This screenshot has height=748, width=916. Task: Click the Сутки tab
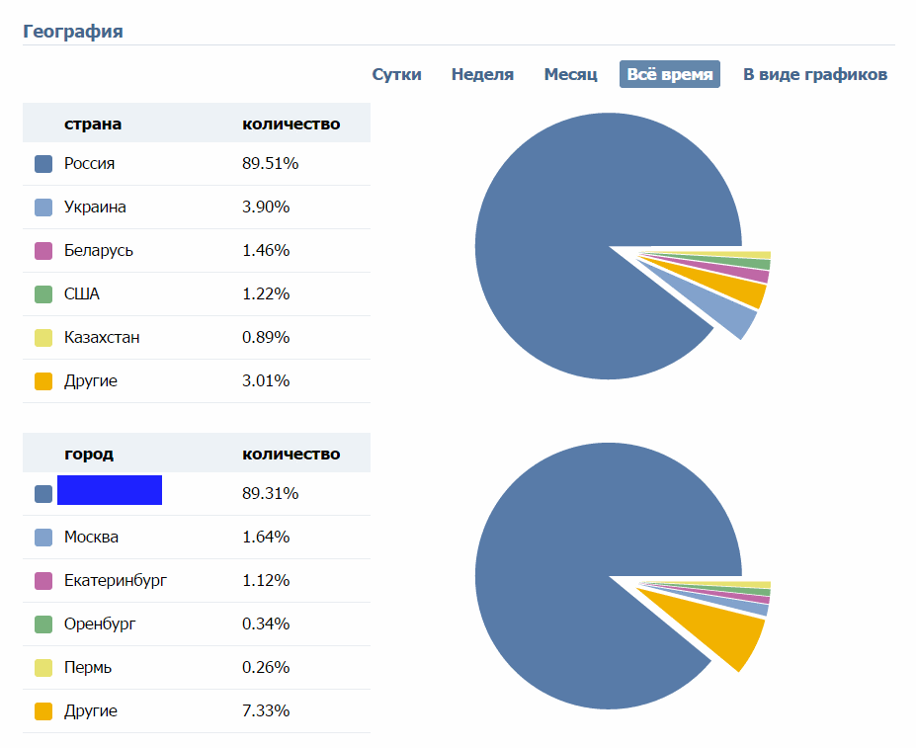pyautogui.click(x=396, y=74)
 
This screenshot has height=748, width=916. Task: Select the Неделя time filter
pyautogui.click(x=482, y=74)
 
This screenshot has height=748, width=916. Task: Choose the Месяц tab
pyautogui.click(x=570, y=74)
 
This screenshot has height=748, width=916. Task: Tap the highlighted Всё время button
pyautogui.click(x=670, y=74)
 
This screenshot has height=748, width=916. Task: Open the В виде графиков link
pyautogui.click(x=815, y=74)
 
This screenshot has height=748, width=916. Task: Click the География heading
pyautogui.click(x=73, y=31)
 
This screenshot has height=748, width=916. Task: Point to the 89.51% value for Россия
pyautogui.click(x=270, y=163)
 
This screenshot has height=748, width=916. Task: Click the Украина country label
pyautogui.click(x=95, y=207)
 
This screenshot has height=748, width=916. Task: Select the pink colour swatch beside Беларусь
pyautogui.click(x=42, y=251)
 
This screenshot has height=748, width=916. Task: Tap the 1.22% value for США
pyautogui.click(x=266, y=293)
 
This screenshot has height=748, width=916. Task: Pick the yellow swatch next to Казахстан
pyautogui.click(x=42, y=338)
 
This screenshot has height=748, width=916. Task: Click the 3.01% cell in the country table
pyautogui.click(x=266, y=380)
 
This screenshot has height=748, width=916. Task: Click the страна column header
pyautogui.click(x=93, y=124)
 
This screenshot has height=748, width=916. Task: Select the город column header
pyautogui.click(x=89, y=454)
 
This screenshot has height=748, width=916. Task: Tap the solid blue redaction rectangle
pyautogui.click(x=110, y=490)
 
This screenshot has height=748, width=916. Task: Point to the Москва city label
pyautogui.click(x=91, y=537)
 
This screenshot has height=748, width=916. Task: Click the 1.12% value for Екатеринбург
pyautogui.click(x=266, y=580)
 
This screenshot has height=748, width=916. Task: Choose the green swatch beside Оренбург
pyautogui.click(x=42, y=624)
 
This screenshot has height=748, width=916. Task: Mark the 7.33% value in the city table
pyautogui.click(x=266, y=710)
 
